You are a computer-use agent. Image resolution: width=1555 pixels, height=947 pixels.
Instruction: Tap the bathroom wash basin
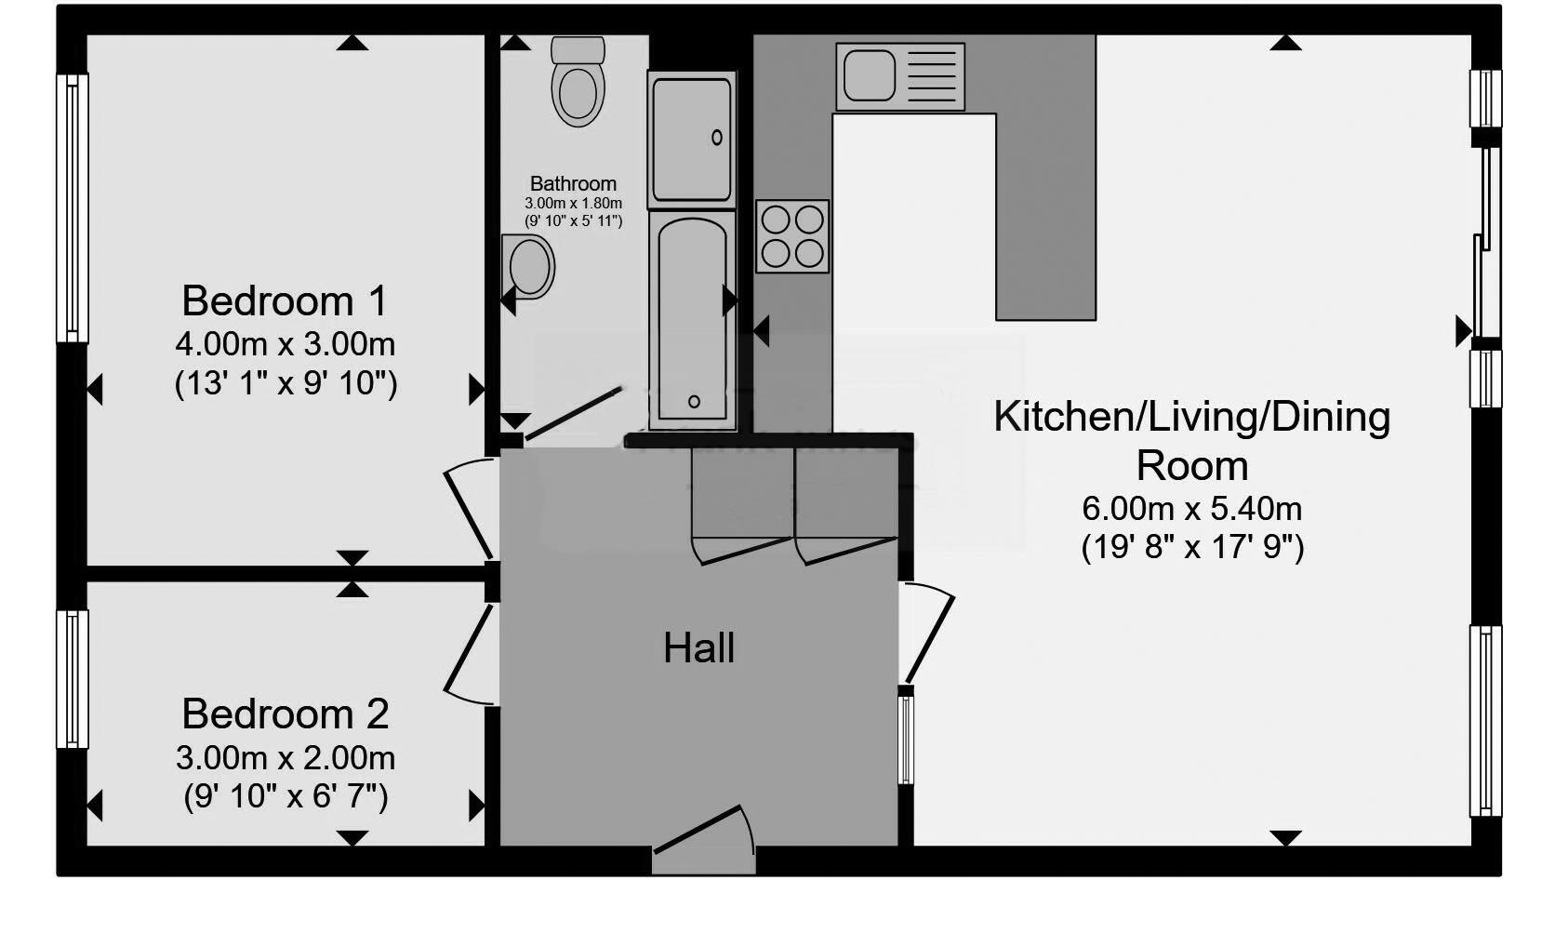coord(529,266)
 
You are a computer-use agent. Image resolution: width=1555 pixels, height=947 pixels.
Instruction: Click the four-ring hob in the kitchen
coord(792,236)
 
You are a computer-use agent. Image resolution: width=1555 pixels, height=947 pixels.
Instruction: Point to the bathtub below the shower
coord(693,321)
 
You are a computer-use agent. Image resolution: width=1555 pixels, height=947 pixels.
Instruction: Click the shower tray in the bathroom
coord(692,140)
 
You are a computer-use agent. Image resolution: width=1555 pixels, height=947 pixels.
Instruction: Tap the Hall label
coord(698,648)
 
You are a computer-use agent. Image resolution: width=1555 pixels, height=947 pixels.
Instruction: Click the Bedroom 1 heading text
coord(285,301)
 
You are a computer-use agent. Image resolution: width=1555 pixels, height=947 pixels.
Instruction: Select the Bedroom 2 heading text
coord(285,714)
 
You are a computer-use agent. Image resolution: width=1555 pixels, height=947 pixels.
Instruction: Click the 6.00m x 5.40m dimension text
coord(1191,509)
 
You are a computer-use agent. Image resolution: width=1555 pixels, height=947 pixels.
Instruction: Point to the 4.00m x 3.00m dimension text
coord(285,344)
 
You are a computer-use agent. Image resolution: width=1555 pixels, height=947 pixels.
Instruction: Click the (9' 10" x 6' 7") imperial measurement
coord(285,797)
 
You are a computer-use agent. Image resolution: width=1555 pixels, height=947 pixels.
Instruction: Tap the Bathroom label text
coord(573,183)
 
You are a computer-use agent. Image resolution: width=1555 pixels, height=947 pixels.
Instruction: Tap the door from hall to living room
coord(927,634)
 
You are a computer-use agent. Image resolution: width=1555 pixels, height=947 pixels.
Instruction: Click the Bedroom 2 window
coord(73,679)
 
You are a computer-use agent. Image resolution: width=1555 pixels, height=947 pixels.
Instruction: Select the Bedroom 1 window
coord(73,208)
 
